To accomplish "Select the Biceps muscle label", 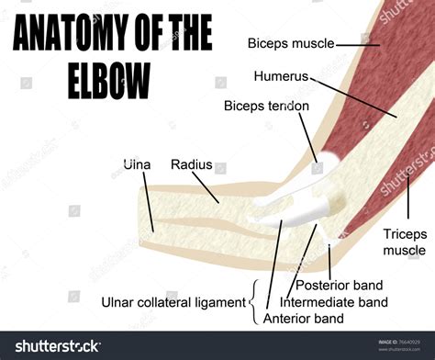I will [290, 42].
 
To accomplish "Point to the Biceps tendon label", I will [266, 106].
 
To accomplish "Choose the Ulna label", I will [138, 164].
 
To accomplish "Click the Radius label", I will [191, 164].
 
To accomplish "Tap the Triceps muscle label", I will [405, 242].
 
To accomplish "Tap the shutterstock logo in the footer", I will [52, 346].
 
